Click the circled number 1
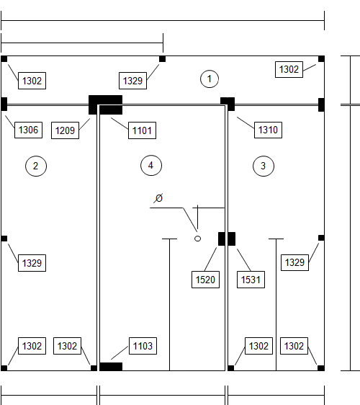210,79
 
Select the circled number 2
36,166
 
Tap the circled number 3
264,166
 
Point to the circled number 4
151,165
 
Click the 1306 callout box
28,130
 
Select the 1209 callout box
65,130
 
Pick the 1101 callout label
142,130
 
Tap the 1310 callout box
268,130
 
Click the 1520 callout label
205,280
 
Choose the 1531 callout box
251,280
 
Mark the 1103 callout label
143,346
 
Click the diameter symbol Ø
159,198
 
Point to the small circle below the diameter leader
197,239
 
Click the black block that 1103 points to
111,367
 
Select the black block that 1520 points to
222,239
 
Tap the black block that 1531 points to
232,239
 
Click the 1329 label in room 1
132,81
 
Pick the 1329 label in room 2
32,263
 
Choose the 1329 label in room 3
294,262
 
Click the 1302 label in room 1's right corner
289,69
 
